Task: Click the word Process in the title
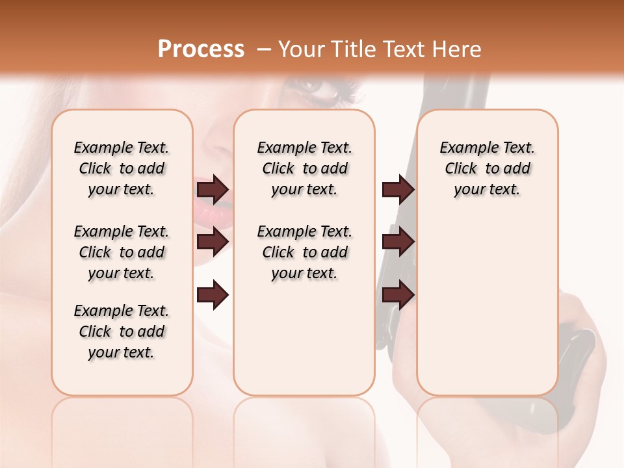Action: pyautogui.click(x=201, y=49)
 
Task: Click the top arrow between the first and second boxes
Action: pyautogui.click(x=213, y=190)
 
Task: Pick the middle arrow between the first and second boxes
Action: pyautogui.click(x=213, y=242)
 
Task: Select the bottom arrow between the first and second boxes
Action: pyautogui.click(x=213, y=296)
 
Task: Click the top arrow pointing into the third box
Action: pyautogui.click(x=398, y=190)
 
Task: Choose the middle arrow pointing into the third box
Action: pyautogui.click(x=398, y=242)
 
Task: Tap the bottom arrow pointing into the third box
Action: pyautogui.click(x=398, y=294)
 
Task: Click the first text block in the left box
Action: pyautogui.click(x=122, y=168)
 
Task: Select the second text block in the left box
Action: pyautogui.click(x=122, y=252)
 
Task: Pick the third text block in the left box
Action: pyautogui.click(x=122, y=331)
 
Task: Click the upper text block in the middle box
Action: pyautogui.click(x=304, y=168)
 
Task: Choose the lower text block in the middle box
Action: pyautogui.click(x=304, y=252)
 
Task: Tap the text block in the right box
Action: pyautogui.click(x=487, y=168)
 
